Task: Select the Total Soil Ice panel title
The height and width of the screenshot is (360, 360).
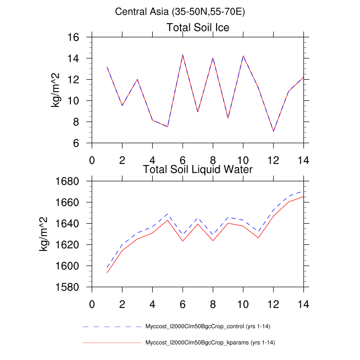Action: [198, 27]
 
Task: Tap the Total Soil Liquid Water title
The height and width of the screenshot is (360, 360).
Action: [197, 169]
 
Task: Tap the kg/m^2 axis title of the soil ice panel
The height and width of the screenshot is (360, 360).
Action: [55, 90]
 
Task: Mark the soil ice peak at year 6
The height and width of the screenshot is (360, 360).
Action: [183, 55]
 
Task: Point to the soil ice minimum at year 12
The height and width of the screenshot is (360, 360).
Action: [274, 131]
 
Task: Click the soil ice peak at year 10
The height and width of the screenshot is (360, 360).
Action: [243, 56]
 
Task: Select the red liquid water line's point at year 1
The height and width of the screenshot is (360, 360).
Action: [107, 273]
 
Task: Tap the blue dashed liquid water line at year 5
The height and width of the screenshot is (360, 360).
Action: [168, 213]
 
